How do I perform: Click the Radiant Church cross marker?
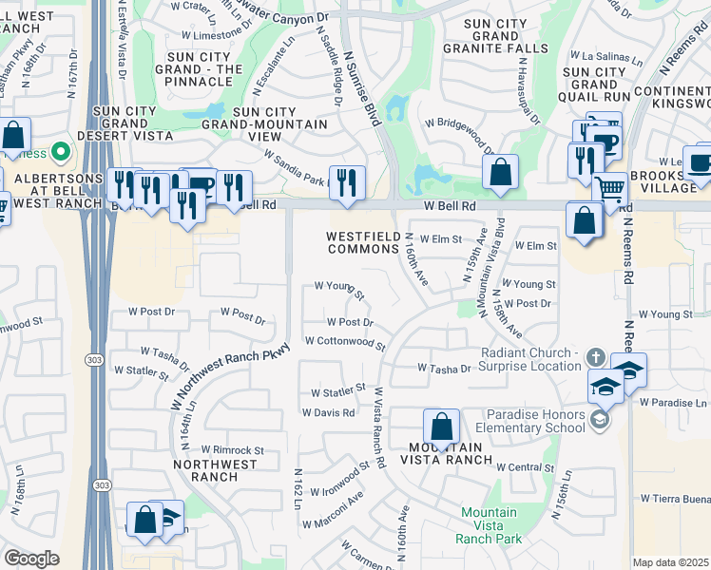click(x=596, y=357)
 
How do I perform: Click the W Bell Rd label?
click(x=450, y=204)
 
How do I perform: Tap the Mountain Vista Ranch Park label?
click(x=489, y=525)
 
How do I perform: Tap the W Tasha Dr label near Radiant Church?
click(x=444, y=369)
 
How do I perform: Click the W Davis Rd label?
click(x=328, y=413)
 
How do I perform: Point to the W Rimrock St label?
click(x=224, y=450)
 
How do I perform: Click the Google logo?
click(x=32, y=559)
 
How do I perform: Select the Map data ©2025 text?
click(x=671, y=562)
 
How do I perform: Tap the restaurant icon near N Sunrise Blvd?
click(x=347, y=181)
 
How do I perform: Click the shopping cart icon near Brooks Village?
click(x=609, y=189)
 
